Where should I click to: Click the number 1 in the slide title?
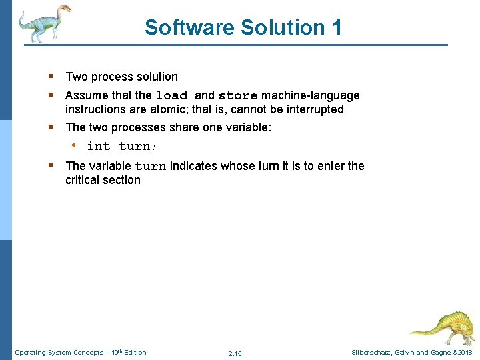point(336,27)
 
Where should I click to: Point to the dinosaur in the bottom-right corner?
point(442,325)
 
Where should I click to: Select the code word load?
point(172,95)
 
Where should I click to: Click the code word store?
point(238,95)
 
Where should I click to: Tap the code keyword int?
point(99,146)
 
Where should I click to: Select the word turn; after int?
point(137,146)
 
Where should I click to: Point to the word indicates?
point(194,166)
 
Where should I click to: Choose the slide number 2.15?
point(235,353)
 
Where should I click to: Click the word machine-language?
point(311,95)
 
